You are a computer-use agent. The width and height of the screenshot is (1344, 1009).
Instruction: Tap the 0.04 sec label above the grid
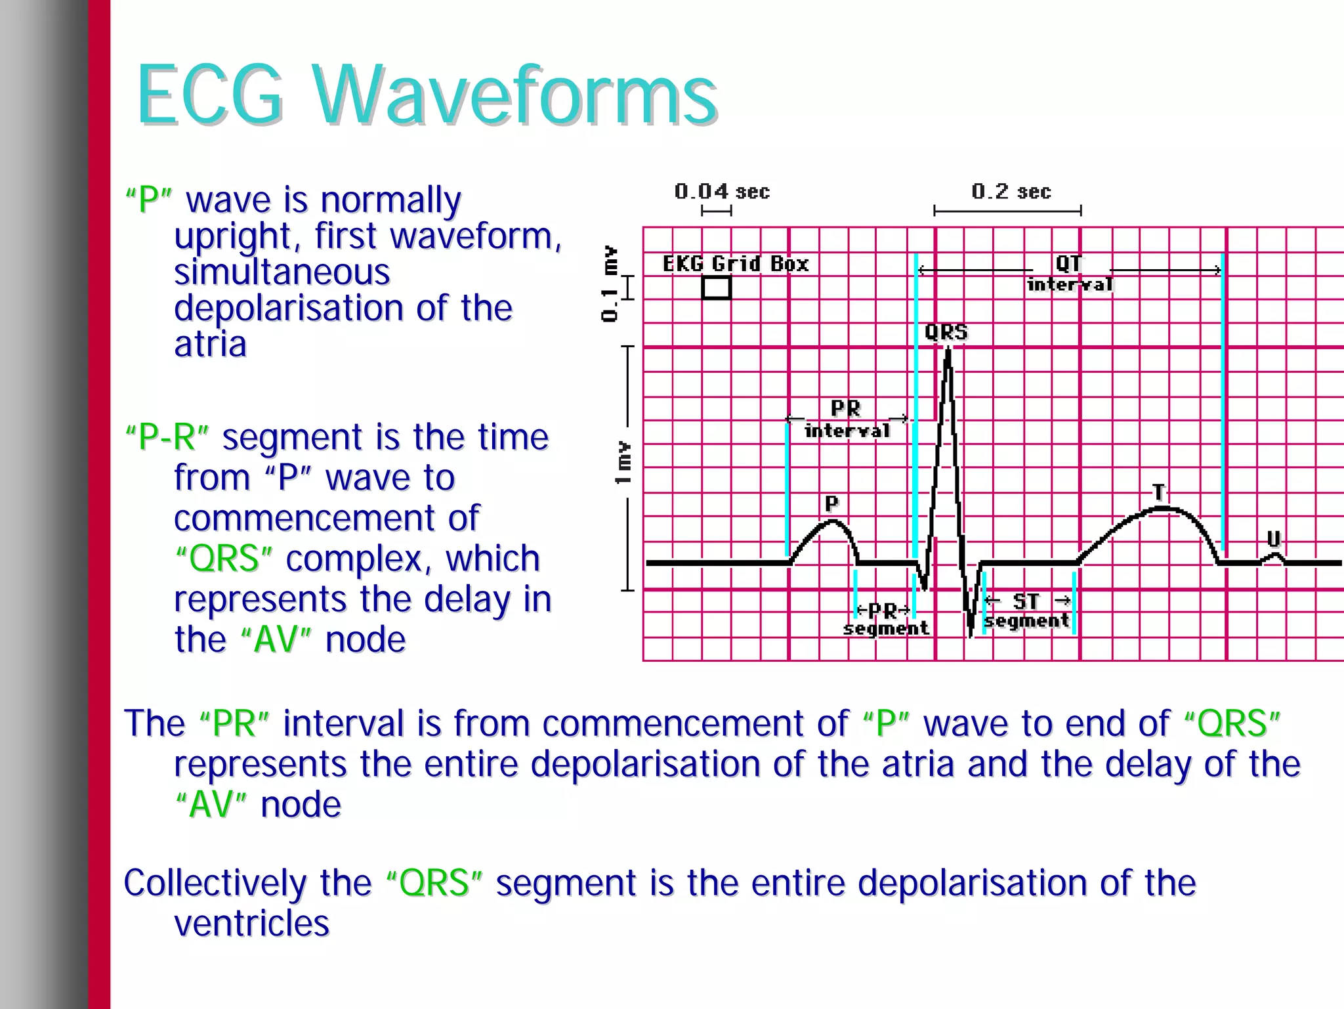(721, 192)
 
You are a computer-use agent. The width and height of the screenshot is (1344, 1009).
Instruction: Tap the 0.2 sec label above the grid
(1011, 192)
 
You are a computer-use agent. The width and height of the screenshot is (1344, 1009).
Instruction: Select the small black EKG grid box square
(716, 288)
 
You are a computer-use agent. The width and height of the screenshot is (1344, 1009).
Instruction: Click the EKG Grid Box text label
(735, 264)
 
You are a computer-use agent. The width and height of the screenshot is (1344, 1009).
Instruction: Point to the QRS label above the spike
(946, 332)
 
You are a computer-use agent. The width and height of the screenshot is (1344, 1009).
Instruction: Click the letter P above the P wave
(831, 504)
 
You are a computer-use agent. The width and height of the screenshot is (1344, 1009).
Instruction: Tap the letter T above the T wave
(1159, 492)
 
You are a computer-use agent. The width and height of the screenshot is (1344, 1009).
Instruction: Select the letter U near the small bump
(1273, 540)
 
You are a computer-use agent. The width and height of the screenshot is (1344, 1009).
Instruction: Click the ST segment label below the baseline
(1027, 611)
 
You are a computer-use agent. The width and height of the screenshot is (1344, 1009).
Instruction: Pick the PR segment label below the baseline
(885, 619)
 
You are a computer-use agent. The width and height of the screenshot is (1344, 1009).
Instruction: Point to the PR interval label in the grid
(847, 419)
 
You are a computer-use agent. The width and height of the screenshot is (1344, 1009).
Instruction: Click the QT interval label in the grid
(1070, 273)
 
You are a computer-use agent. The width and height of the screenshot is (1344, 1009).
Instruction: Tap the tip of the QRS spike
(948, 350)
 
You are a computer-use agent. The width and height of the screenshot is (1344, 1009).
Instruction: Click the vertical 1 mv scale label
(623, 463)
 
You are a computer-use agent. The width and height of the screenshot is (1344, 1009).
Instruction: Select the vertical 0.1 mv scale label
(610, 284)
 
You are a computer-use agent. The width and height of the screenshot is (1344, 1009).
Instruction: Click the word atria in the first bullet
(210, 344)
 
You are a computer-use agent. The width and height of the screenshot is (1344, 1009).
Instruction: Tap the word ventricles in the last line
(251, 924)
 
